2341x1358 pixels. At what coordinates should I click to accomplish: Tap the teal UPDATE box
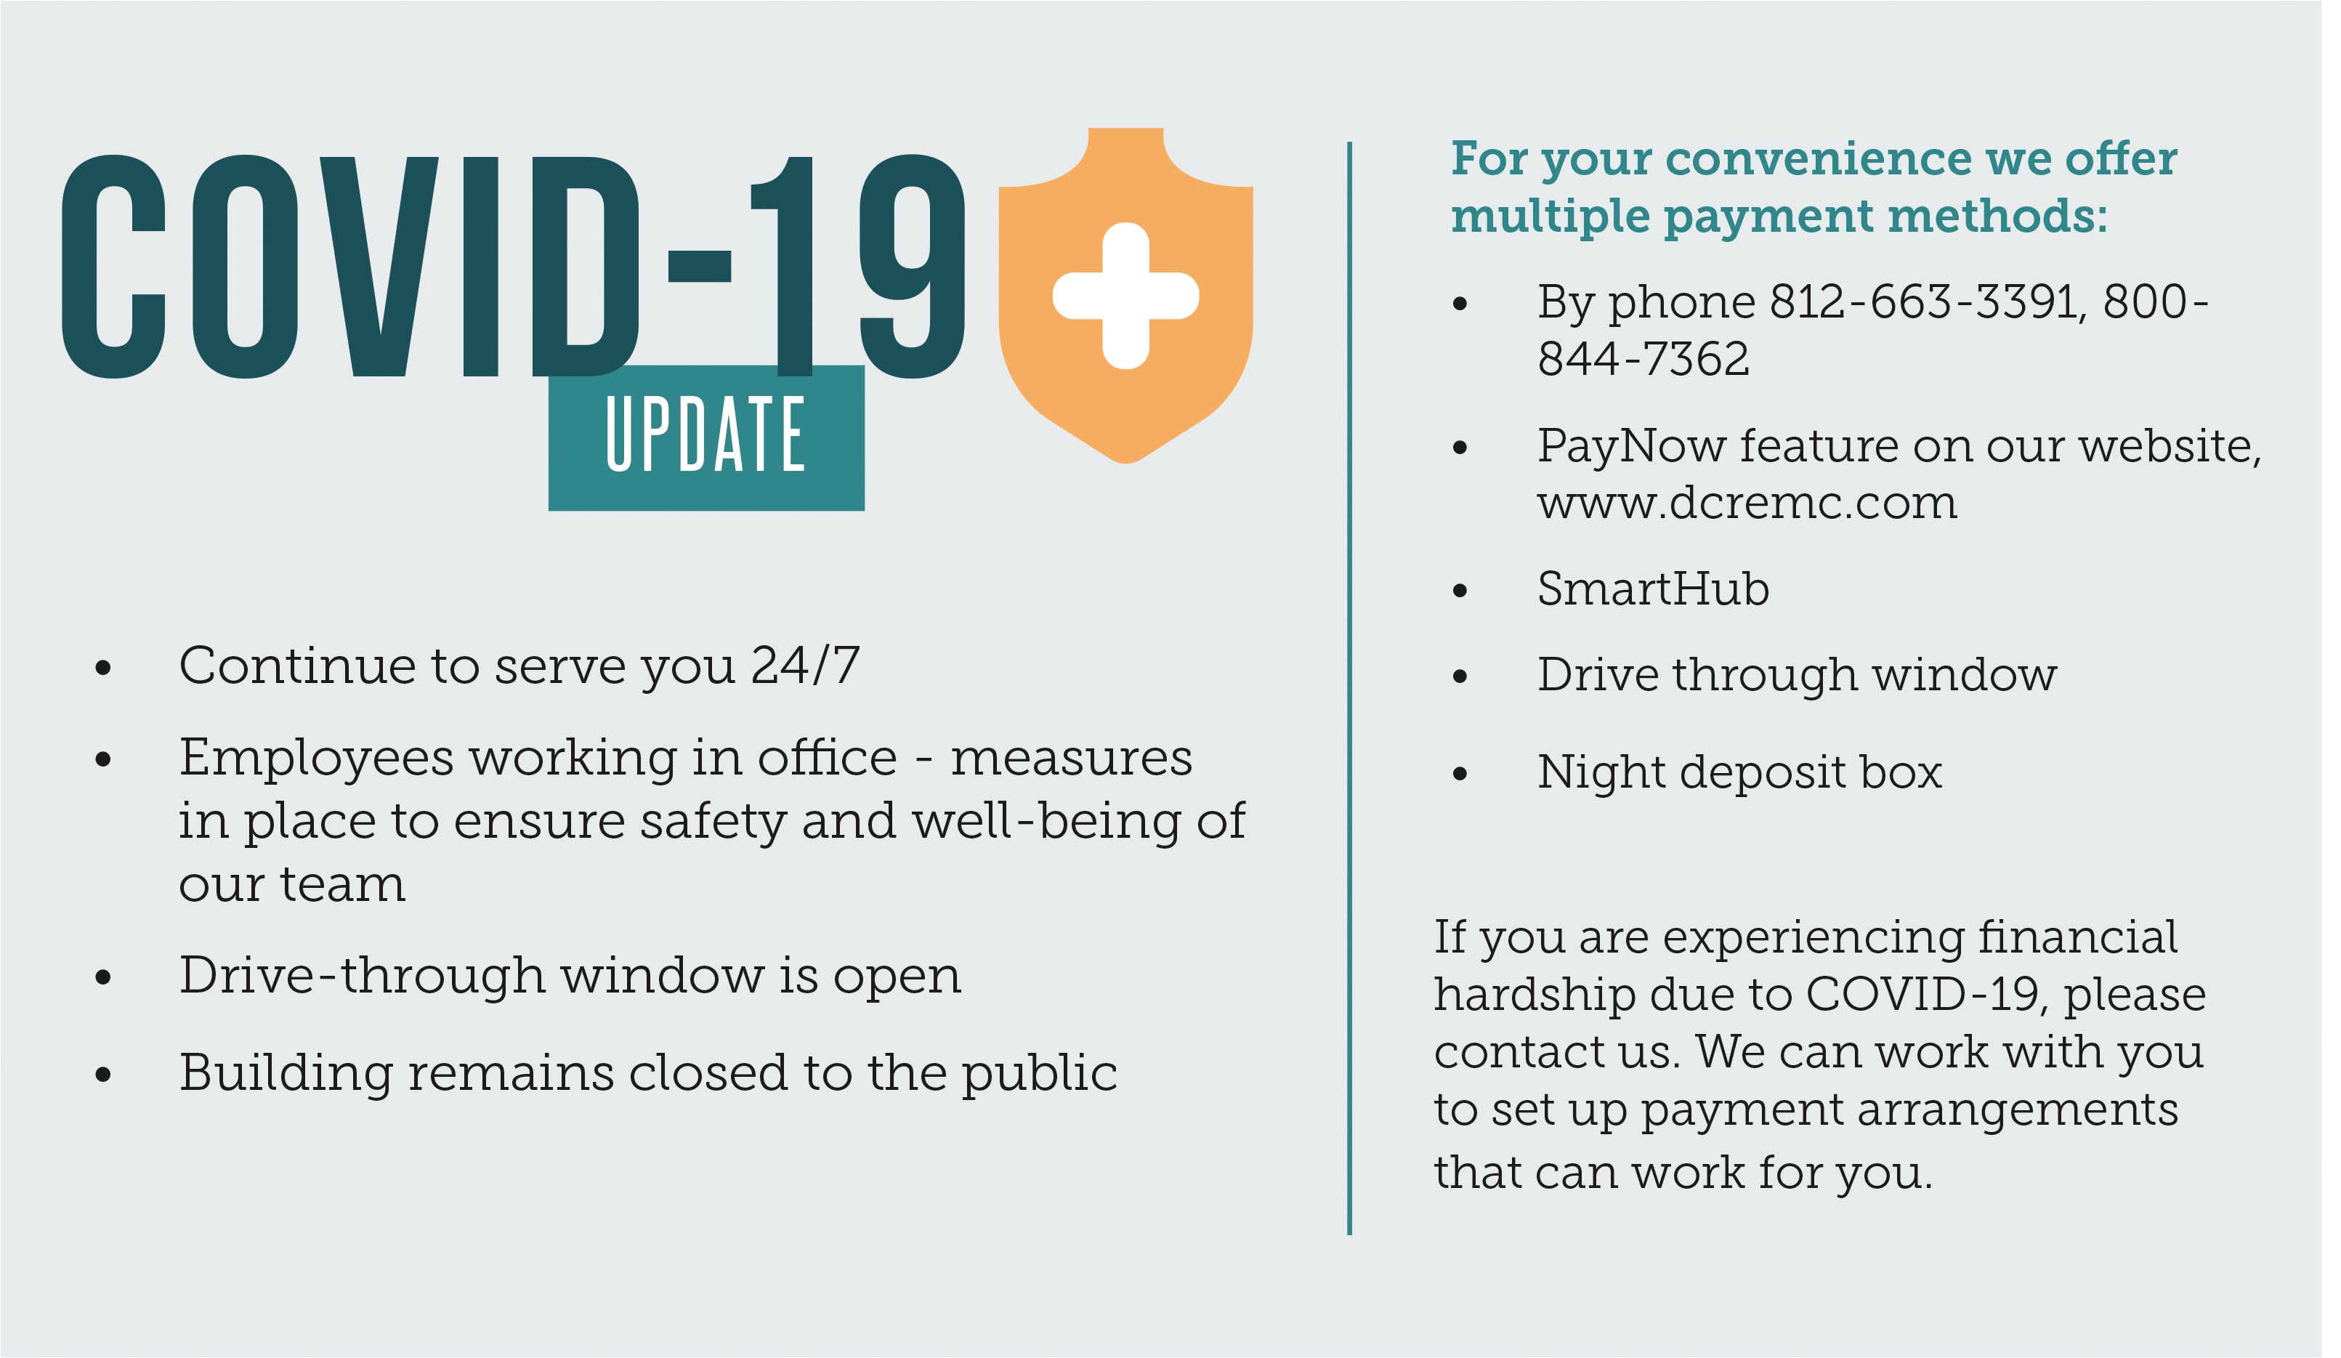(706, 437)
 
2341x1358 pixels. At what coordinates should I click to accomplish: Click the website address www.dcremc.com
(1747, 503)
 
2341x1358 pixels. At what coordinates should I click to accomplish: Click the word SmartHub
(1653, 589)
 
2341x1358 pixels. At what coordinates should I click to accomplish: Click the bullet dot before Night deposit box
(1460, 773)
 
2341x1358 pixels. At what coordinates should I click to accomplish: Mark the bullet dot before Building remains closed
(102, 1075)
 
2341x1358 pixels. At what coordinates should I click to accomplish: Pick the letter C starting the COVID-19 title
(113, 267)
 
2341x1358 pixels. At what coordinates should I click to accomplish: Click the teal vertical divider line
(1349, 688)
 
